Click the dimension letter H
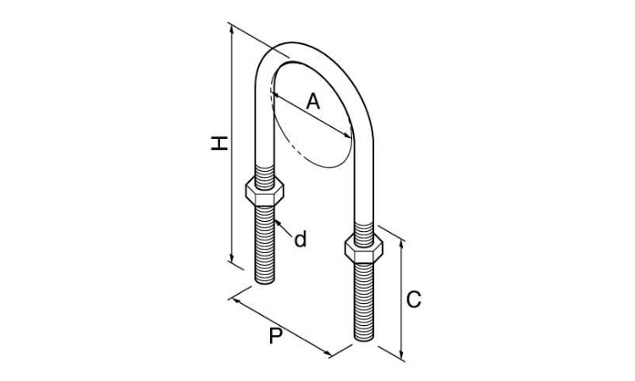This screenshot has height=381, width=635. point(219,144)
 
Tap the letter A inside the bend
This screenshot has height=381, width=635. point(312,102)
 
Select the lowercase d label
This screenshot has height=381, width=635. point(300,240)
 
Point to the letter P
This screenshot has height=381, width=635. point(276,335)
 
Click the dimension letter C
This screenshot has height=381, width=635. point(413,300)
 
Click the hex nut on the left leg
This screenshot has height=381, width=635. point(264,191)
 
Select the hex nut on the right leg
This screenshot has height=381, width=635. point(364,248)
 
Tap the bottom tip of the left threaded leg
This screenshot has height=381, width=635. point(265,283)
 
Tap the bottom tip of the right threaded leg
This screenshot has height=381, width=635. point(364,340)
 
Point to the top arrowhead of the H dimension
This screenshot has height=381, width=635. point(232,28)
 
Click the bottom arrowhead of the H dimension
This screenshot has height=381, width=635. point(232,259)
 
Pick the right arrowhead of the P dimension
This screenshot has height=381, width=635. point(328,354)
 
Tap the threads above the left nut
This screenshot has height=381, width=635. point(264,177)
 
